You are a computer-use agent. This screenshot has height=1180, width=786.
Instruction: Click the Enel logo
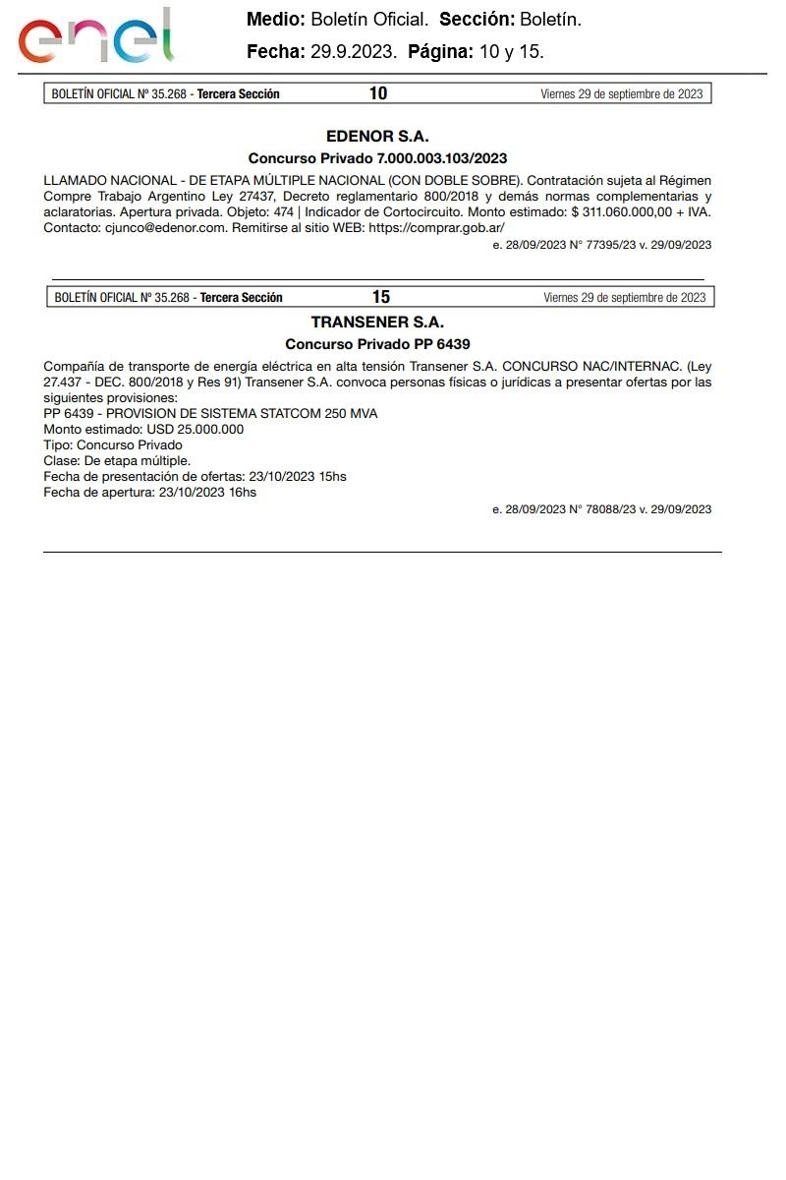tap(95, 37)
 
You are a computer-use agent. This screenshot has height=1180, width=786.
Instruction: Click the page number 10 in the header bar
tap(378, 93)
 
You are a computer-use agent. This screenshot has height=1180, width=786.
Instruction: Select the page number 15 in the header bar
tap(381, 297)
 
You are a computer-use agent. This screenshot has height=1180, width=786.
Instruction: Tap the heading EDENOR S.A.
tap(377, 137)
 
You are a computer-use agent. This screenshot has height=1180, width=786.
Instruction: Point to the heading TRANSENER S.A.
tap(377, 323)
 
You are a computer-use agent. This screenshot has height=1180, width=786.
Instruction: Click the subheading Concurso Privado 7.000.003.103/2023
tap(377, 158)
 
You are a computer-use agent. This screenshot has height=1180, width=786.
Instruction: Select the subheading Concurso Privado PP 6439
tap(377, 344)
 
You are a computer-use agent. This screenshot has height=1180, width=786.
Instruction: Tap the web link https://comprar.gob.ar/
tap(436, 227)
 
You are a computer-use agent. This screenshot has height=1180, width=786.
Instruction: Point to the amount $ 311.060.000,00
tap(621, 211)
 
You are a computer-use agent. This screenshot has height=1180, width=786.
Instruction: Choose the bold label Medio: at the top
tap(276, 20)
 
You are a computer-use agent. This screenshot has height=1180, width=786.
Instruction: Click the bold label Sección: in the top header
tap(477, 20)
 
